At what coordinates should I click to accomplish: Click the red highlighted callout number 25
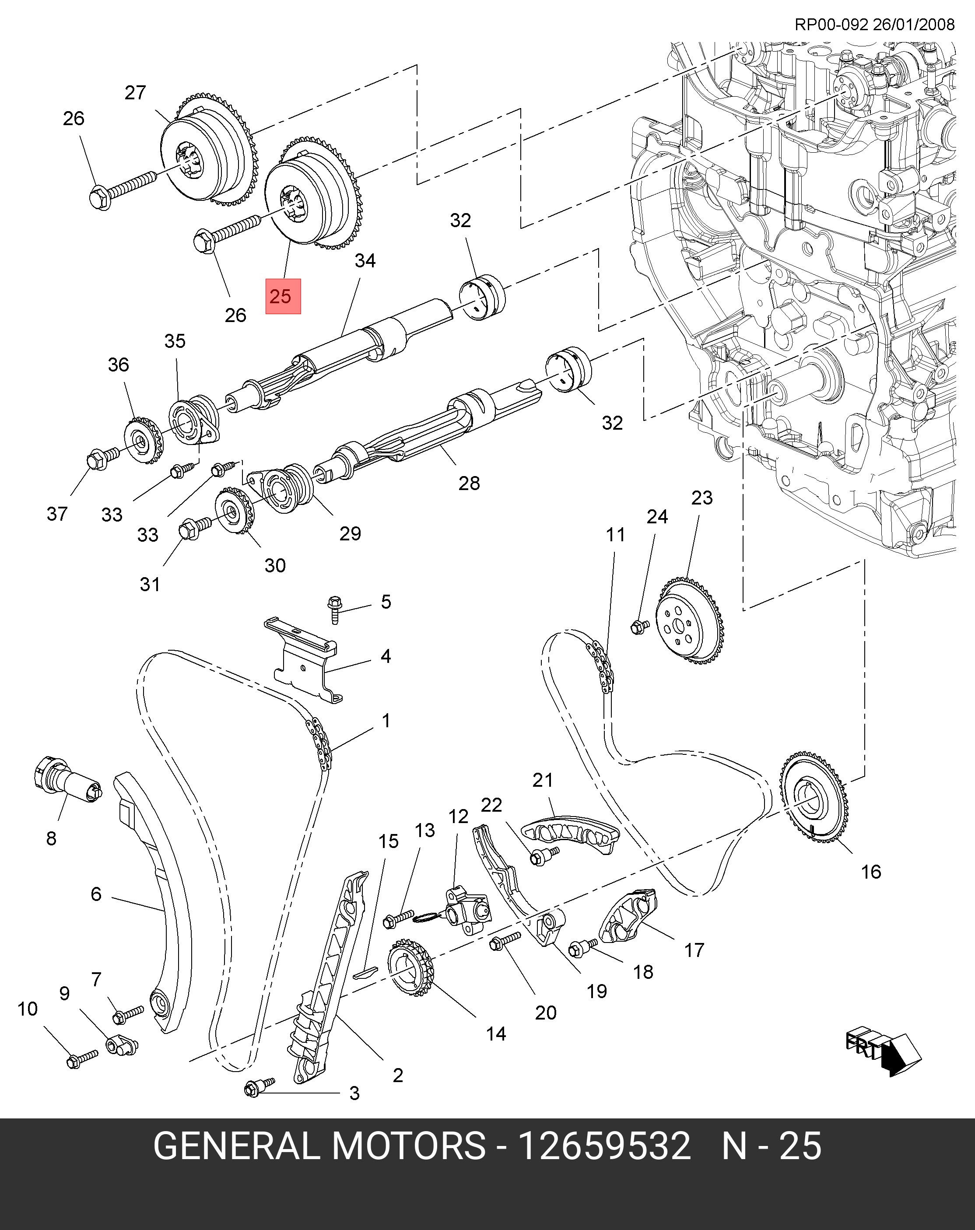pos(282,296)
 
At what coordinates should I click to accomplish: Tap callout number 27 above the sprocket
pos(136,92)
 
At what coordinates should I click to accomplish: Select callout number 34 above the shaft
pos(365,260)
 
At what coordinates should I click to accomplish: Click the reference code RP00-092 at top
pos(831,24)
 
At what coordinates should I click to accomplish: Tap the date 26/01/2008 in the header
pos(913,24)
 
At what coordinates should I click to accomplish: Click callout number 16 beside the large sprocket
pos(870,871)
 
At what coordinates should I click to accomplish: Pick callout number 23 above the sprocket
pos(702,498)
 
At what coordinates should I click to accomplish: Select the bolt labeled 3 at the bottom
pos(259,1087)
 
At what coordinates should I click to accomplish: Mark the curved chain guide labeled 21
pos(571,834)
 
